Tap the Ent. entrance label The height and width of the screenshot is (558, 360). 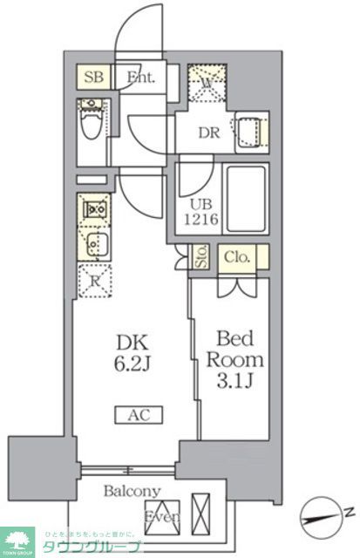click(140, 77)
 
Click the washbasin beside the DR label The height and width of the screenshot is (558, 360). click(249, 132)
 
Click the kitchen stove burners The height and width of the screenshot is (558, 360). click(93, 209)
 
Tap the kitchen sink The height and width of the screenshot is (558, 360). click(93, 243)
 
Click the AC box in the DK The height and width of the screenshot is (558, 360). click(132, 416)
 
